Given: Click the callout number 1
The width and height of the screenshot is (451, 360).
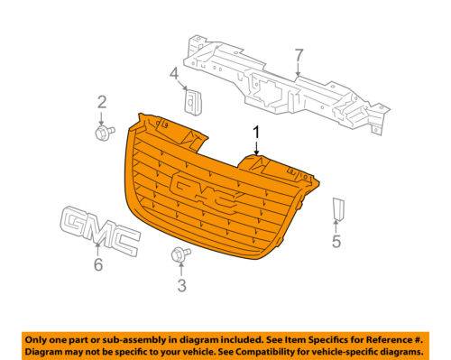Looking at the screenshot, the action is pos(256,134).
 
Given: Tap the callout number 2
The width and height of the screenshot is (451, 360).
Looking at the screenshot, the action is pos(102,102).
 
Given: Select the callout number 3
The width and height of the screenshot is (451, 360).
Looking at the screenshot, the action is pos(181,285).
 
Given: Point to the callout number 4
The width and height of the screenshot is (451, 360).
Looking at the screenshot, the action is pos(174,74).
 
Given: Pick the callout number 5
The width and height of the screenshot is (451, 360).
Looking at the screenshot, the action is pos(336,241).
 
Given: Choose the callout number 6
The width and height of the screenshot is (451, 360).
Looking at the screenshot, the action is pos(98,264).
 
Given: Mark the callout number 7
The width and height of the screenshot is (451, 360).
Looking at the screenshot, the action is pos(299,55).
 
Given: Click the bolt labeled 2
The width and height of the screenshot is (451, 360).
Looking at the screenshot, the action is pos(105,133).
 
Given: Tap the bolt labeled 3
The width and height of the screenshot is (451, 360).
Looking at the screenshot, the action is pos(181,255).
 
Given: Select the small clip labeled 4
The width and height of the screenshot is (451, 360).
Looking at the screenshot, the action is pos(193,101).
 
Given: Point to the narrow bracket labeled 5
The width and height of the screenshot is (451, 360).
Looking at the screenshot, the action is pos(338,208).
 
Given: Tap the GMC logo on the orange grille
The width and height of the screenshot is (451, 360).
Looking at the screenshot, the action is pos(203,192).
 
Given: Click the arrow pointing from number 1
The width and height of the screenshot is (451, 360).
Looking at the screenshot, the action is pos(256,148).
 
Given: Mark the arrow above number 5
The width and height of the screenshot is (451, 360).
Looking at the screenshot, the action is pos(336,226).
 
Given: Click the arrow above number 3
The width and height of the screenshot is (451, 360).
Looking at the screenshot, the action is pos(181,270).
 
